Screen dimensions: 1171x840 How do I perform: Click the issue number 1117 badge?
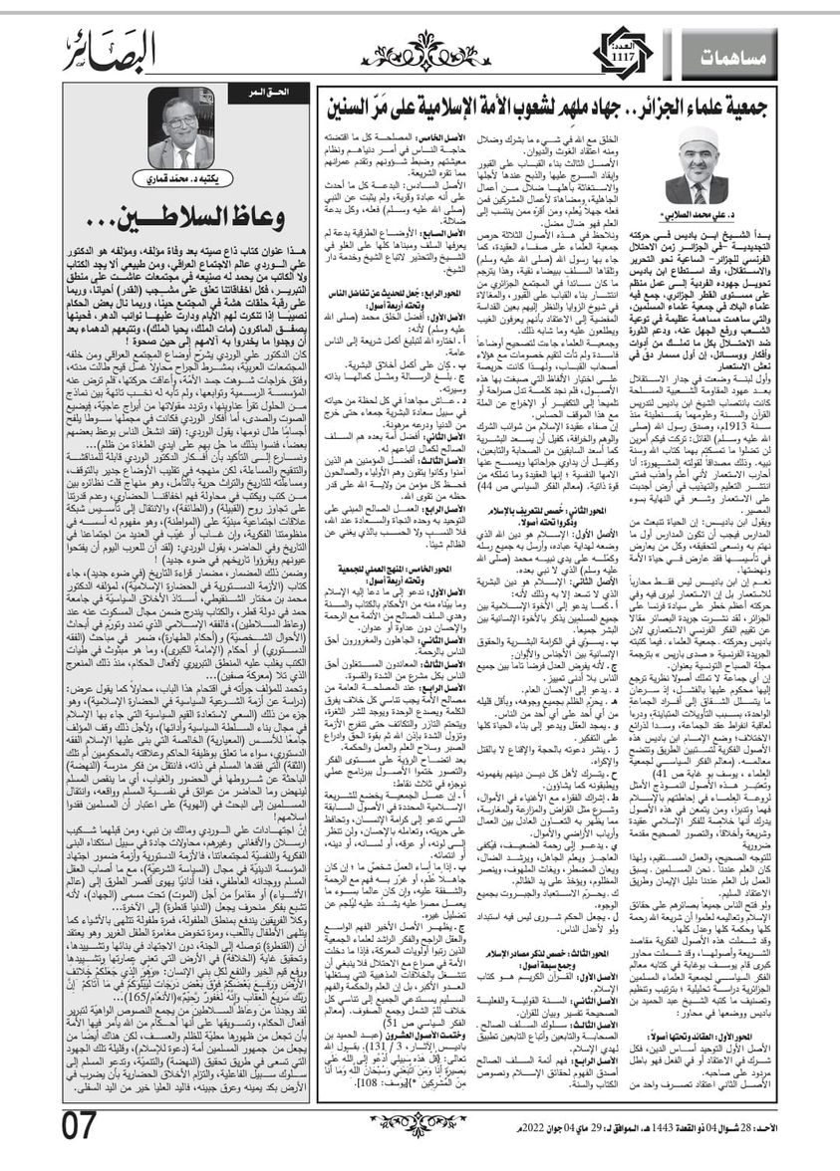(x=620, y=51)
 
